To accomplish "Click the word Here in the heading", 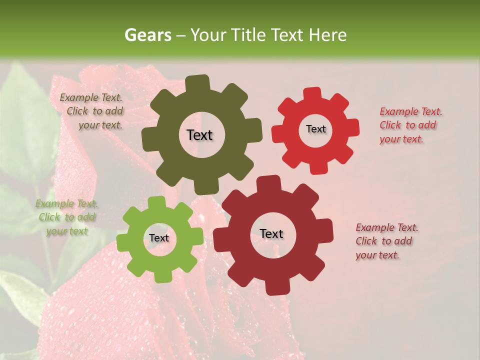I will pos(328,35).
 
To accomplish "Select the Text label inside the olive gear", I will pos(199,135).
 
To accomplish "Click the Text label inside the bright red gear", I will pos(315,129).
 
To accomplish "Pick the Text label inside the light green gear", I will pos(158,238).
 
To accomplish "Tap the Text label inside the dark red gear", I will pos(271,234).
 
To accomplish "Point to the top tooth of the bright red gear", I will pos(312,93).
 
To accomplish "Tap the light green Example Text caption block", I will pos(67,217).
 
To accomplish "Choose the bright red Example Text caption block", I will pos(410,125).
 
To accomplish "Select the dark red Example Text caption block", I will pos(386,241).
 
